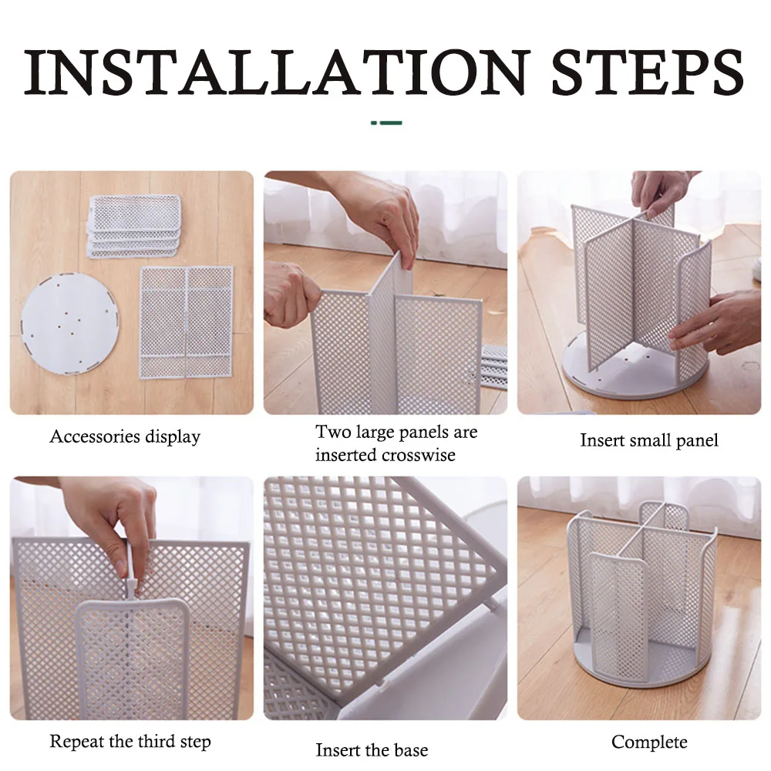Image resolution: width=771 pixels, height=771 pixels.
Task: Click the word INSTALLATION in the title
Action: [x=277, y=71]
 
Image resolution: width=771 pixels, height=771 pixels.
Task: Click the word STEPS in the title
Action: [x=647, y=71]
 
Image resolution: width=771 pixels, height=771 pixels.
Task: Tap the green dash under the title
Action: [x=386, y=123]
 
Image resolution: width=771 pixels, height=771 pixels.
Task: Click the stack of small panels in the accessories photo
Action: [x=134, y=226]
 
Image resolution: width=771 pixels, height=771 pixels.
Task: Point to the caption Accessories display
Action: [x=125, y=436]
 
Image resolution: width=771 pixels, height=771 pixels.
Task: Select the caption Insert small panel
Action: [x=649, y=440]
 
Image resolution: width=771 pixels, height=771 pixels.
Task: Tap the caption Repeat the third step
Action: [x=130, y=741]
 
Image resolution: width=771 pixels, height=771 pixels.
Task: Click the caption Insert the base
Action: [x=372, y=750]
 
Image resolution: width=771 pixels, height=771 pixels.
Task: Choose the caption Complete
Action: [x=649, y=742]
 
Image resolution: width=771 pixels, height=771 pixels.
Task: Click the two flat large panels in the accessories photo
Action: [x=187, y=322]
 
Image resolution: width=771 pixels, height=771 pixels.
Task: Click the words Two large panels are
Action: [x=396, y=432]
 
